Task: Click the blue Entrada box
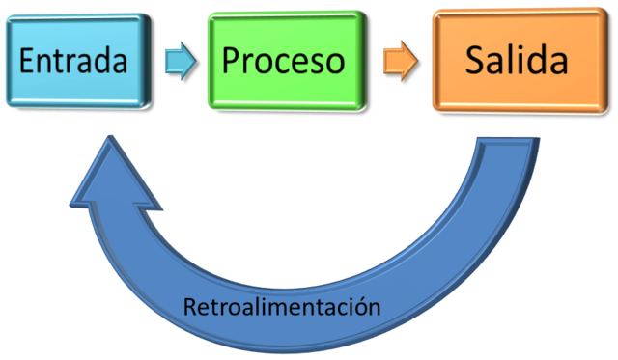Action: pos(74,61)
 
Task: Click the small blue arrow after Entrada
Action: pos(180,61)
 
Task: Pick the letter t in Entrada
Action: pos(62,61)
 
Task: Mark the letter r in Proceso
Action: pos(249,63)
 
